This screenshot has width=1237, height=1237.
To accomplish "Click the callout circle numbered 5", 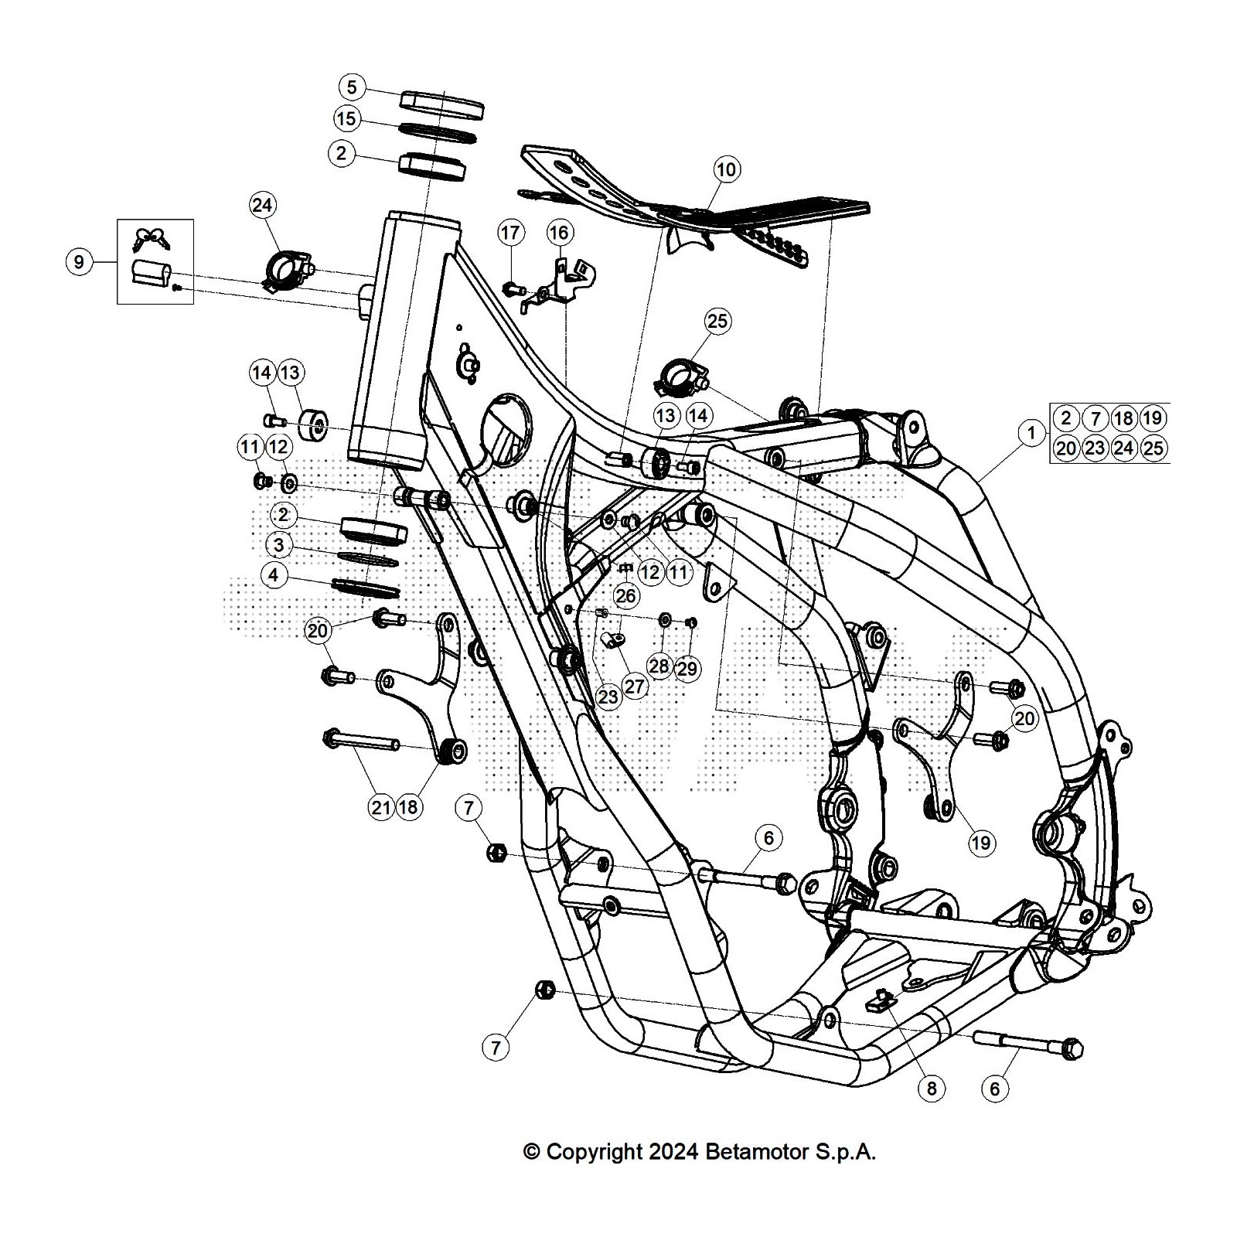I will pos(352,87).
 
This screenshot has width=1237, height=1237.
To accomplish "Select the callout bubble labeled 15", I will pos(347,118).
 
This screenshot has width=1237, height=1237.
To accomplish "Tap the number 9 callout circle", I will pos(78,262).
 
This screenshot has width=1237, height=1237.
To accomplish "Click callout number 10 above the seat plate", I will pos(727,169).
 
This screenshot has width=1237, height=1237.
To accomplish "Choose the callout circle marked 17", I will pos(510,232).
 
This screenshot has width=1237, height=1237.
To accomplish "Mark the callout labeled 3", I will pos(278,545).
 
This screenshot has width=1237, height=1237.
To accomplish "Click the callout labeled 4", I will pos(274,575).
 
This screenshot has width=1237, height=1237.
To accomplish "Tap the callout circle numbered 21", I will pos(380,808).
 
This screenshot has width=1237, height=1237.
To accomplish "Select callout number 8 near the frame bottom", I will pos(931,1089).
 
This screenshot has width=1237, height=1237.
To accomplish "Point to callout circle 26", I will pos(625,595).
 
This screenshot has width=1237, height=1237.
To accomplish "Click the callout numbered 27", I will pos(635,687).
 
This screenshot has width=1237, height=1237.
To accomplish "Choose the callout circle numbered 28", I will pos(659,666).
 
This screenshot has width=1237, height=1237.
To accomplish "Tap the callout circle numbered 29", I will pos(687,668).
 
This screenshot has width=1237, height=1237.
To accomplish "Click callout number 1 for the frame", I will pos(1031,433).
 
